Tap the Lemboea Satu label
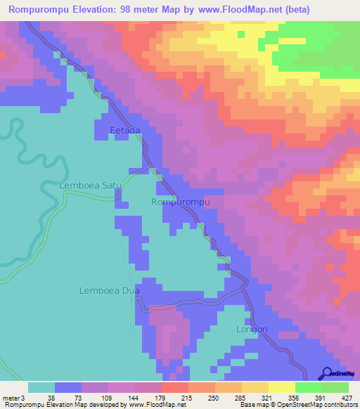pos(91,186)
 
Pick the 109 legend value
pos(103,397)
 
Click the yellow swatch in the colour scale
pos(281,387)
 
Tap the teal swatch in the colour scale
pos(41,387)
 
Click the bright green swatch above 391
pos(308,387)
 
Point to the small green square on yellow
pos(240,33)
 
